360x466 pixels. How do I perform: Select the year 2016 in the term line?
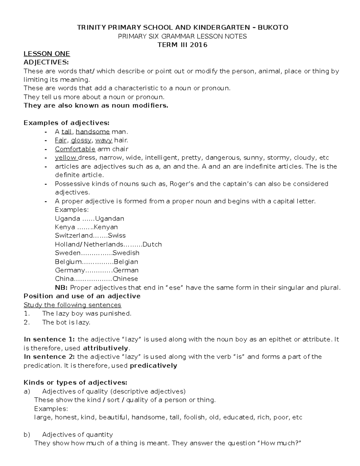pos(197,45)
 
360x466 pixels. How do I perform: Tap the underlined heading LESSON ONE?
pos(47,54)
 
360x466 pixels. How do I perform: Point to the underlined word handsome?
pos(93,132)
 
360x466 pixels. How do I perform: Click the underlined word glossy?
pos(81,140)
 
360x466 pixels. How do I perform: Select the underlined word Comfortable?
pos(75,149)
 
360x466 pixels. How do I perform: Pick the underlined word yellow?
pos(66,158)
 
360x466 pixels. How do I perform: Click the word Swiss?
pos(117,236)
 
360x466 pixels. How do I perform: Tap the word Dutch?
pos(152,245)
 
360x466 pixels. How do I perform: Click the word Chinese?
pos(125,279)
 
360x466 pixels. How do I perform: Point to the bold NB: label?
pos(61,288)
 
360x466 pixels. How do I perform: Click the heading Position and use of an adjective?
pos(82,296)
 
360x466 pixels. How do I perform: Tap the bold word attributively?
pos(106,348)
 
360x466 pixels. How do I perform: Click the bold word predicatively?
pos(153,365)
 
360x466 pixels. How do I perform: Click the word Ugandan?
pos(109,218)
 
